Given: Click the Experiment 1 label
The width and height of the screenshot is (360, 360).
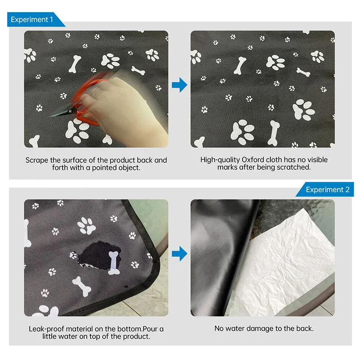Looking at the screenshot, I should pyautogui.click(x=32, y=19).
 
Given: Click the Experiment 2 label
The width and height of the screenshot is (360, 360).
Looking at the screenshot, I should pyautogui.click(x=328, y=189).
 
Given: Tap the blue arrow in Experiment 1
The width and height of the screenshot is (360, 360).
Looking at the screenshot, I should pyautogui.click(x=179, y=85).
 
